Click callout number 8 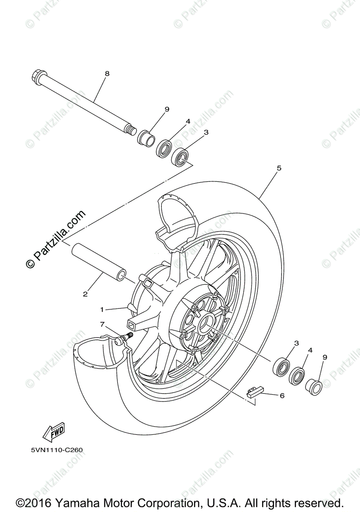coord(107,74)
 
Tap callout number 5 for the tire coord(279,168)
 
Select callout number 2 coord(85,294)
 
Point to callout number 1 coord(102,309)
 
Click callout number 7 coord(102,325)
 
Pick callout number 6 coord(282,396)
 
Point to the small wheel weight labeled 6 coord(255,392)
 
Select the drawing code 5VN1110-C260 coord(56,449)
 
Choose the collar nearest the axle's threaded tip coord(146,138)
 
